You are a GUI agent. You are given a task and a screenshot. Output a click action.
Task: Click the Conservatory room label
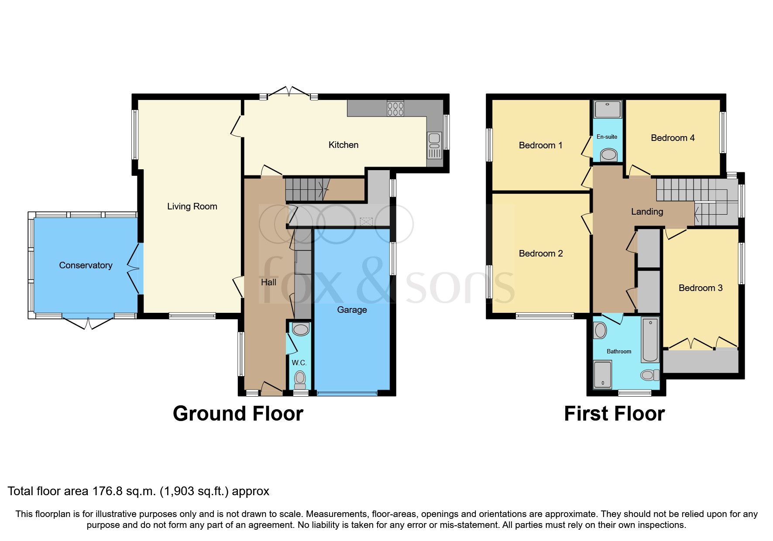point(86,265)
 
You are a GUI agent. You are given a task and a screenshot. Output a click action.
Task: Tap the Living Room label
point(192,206)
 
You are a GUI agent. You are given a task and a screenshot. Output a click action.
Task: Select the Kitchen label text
point(344,145)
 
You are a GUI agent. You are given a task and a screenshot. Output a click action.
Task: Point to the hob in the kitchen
point(395,108)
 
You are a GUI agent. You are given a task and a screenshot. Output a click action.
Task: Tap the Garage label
point(352,310)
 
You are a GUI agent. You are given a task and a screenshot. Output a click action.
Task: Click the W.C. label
point(299,363)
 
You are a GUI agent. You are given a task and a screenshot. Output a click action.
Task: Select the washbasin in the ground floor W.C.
point(301,329)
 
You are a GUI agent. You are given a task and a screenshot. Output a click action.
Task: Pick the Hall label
point(268,282)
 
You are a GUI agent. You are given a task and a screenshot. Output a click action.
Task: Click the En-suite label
point(607,137)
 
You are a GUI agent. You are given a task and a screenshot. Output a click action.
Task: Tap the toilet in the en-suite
point(608,154)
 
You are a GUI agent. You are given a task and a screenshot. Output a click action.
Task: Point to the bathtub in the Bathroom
point(650,339)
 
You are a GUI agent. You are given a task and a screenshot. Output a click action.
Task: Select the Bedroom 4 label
point(672,138)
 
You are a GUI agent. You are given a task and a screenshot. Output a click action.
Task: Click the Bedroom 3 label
point(700,288)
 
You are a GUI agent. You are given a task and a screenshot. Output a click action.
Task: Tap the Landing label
point(647,212)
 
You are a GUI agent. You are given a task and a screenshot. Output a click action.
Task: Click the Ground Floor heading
point(238,414)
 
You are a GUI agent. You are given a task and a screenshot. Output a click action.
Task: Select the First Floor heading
point(614,414)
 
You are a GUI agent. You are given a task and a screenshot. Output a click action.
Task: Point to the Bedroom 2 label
point(540,253)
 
